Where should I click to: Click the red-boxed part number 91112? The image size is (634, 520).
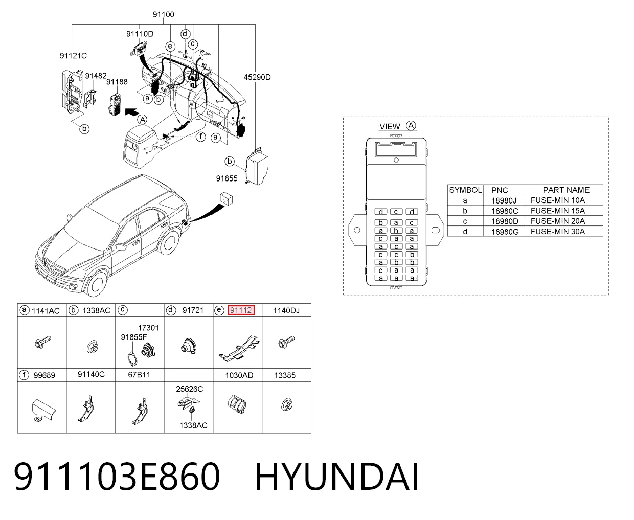pyautogui.click(x=241, y=310)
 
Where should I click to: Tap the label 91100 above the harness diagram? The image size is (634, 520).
pyautogui.click(x=163, y=14)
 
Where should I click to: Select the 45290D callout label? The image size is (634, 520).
pyautogui.click(x=257, y=77)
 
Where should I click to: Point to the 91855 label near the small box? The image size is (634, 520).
pyautogui.click(x=227, y=178)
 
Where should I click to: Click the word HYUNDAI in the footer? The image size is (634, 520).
pyautogui.click(x=337, y=477)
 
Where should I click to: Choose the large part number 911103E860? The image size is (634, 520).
pyautogui.click(x=117, y=477)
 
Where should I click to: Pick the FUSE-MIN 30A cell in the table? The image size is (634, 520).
pyautogui.click(x=558, y=232)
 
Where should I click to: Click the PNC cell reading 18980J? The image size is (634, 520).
pyautogui.click(x=504, y=200)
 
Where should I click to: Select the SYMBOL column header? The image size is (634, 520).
pyautogui.click(x=465, y=190)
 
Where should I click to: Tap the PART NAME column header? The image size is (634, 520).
pyautogui.click(x=566, y=190)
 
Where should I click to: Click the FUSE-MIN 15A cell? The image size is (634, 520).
pyautogui.click(x=558, y=211)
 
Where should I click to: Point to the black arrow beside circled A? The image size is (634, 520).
pyautogui.click(x=131, y=112)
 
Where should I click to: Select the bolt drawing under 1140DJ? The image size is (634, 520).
pyautogui.click(x=286, y=342)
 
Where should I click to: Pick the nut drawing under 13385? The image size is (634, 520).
pyautogui.click(x=286, y=404)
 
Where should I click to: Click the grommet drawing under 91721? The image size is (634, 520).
pyautogui.click(x=189, y=346)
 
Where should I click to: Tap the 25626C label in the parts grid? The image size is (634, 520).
pyautogui.click(x=189, y=389)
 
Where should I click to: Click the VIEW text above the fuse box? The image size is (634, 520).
pyautogui.click(x=390, y=126)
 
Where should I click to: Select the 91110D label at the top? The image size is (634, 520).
pyautogui.click(x=140, y=34)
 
